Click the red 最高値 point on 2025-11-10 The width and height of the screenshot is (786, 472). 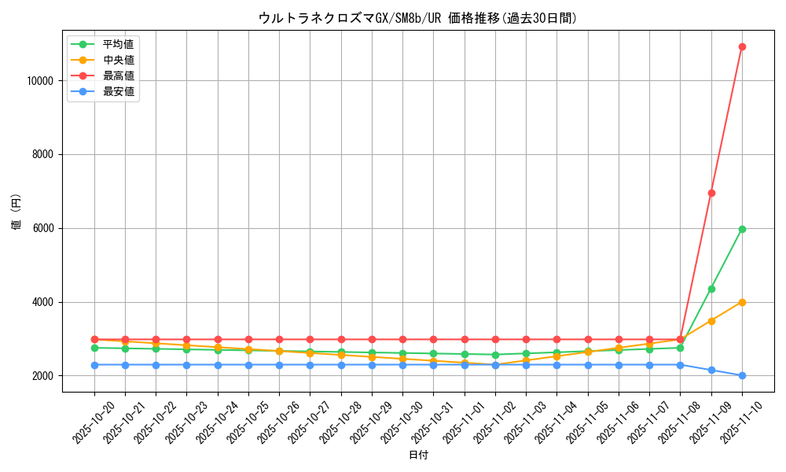(x=742, y=46)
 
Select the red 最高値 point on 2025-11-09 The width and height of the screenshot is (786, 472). (x=711, y=193)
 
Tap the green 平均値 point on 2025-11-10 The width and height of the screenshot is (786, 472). (x=742, y=229)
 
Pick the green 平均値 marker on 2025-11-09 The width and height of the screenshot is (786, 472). (x=711, y=289)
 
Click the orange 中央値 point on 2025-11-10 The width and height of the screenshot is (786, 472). (x=742, y=302)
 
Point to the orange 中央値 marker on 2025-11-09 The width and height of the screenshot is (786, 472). (x=711, y=321)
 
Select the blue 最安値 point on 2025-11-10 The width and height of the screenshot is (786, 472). (x=742, y=375)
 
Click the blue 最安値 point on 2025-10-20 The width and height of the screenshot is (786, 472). (x=94, y=365)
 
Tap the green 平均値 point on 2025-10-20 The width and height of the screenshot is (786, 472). (x=94, y=348)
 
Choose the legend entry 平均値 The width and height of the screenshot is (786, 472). (x=119, y=44)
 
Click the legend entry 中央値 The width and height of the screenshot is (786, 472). (x=119, y=60)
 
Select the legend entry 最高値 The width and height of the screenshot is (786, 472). (x=119, y=76)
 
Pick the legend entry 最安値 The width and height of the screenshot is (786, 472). (x=119, y=91)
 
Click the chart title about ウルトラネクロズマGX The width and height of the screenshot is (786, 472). (x=417, y=18)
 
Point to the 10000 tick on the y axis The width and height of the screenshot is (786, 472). (x=39, y=80)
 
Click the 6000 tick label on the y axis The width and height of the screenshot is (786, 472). (x=42, y=228)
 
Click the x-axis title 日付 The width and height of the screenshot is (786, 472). (x=418, y=455)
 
